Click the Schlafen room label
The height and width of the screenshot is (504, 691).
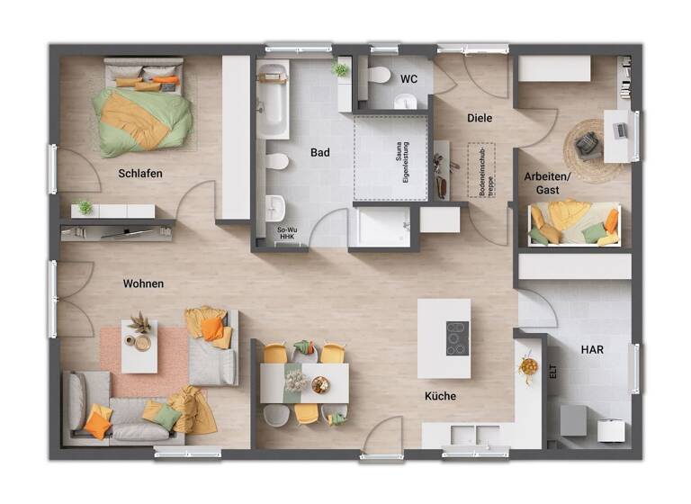click(x=139, y=173)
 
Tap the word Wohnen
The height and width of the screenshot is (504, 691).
click(x=143, y=283)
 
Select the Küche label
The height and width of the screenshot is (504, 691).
click(x=440, y=396)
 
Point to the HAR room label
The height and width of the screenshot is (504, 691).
click(x=592, y=348)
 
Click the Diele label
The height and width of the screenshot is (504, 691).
click(x=479, y=118)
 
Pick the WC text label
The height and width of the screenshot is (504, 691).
click(x=408, y=79)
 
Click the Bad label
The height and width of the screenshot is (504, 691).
click(x=319, y=153)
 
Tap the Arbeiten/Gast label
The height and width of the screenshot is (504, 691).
click(x=547, y=184)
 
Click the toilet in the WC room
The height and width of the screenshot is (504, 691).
click(x=379, y=75)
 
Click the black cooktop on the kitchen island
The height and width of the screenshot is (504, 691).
click(x=457, y=338)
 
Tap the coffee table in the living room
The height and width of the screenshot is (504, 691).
click(x=139, y=345)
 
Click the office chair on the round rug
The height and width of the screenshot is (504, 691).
click(x=587, y=142)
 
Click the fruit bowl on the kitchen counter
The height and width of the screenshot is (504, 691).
click(x=528, y=366)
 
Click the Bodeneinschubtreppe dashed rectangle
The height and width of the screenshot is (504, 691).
click(x=483, y=171)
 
